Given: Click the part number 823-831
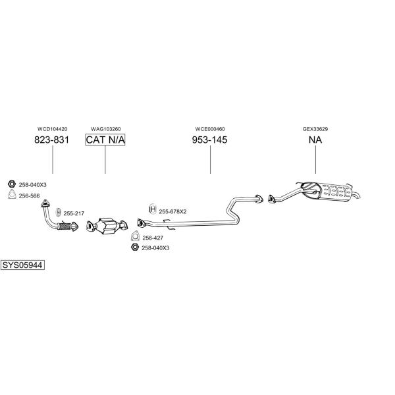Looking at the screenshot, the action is point(51,140).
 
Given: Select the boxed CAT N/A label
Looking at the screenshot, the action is point(105,140).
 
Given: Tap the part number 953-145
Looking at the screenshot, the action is point(209,140).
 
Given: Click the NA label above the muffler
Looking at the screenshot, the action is point(315,140).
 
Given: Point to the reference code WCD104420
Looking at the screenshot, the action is point(53,129).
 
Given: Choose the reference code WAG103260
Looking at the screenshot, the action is point(106,129).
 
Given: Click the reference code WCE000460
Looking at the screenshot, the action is point(210,129).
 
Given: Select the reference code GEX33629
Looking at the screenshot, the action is point(315,129).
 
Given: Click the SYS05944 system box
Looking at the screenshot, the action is point(22,265).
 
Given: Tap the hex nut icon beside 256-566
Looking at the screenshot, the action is point(12,184).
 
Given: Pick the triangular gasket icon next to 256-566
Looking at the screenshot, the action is point(12,195).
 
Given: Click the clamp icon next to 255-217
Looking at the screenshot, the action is point(58,212).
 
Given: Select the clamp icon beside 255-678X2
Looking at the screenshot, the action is point(153,209).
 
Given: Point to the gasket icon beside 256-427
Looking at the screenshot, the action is point(135,236).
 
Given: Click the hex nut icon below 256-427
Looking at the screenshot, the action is point(135,247).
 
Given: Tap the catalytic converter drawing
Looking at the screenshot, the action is point(107,225).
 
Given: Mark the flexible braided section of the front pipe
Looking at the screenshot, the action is point(65,226).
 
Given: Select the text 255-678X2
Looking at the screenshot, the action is point(172,211).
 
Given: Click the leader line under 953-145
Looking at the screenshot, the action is point(210,159).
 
